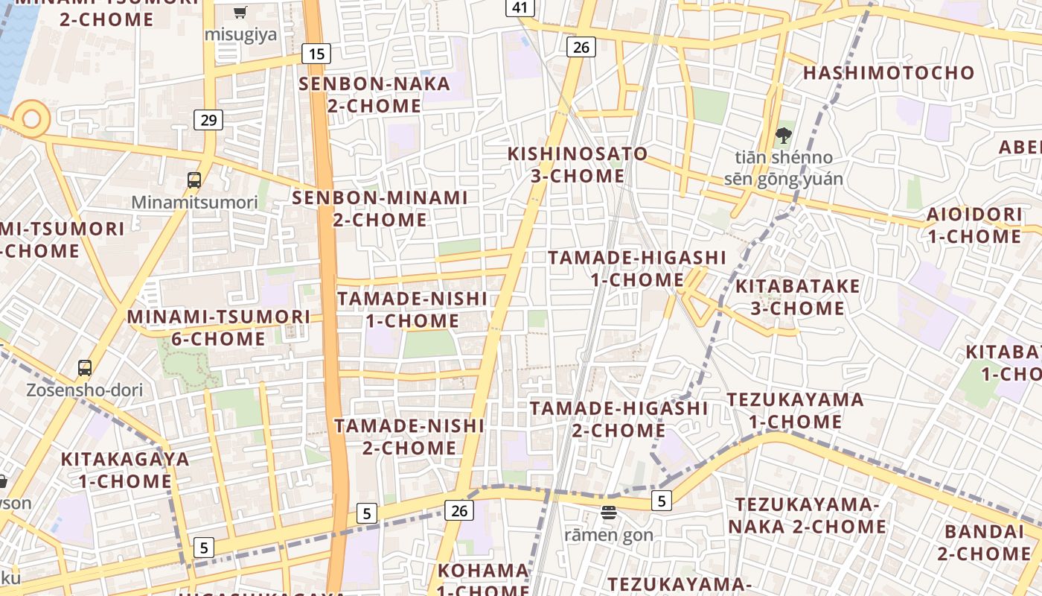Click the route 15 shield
click(x=316, y=54)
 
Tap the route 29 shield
click(x=208, y=119)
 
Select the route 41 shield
click(x=520, y=7)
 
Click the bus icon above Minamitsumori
click(x=194, y=180)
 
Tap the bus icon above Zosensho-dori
click(x=85, y=367)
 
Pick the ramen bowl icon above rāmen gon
click(x=609, y=512)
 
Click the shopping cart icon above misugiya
click(x=240, y=12)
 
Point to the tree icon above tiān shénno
click(x=783, y=136)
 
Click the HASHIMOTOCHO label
click(x=889, y=73)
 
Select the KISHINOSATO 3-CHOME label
click(x=578, y=165)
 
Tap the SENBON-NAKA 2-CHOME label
click(x=374, y=95)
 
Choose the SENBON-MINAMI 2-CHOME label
click(x=380, y=209)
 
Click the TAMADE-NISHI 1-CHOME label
click(x=412, y=309)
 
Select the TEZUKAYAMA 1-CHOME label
click(x=796, y=410)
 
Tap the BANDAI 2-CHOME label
click(x=984, y=542)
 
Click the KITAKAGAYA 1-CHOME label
click(x=125, y=469)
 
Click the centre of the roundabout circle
click(x=31, y=118)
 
